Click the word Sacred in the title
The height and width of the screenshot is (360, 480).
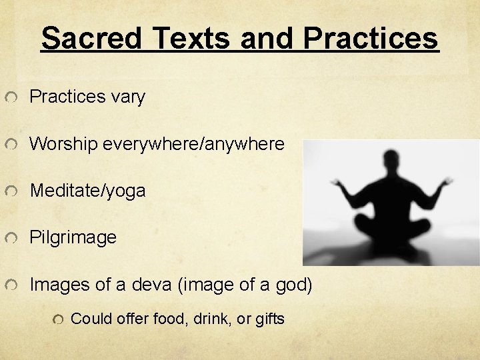[x=91, y=38]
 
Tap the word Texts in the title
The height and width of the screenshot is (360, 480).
[x=193, y=38]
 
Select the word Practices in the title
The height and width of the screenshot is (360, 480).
[x=371, y=38]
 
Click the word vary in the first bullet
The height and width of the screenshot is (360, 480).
[x=129, y=97]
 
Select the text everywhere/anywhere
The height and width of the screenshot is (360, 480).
[x=193, y=144]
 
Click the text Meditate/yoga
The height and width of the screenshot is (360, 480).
[x=87, y=191]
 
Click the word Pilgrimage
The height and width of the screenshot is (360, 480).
[x=73, y=237]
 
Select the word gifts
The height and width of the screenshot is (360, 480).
[x=269, y=319]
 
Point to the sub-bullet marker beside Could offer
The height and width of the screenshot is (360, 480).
[x=60, y=320]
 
